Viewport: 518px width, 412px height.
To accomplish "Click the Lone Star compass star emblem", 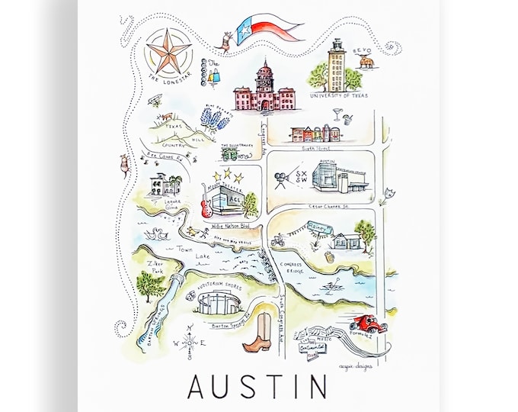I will (x=168, y=53).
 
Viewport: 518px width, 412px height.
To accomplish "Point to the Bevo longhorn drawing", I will (x=367, y=60).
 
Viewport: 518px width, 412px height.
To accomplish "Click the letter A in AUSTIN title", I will (x=197, y=387).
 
